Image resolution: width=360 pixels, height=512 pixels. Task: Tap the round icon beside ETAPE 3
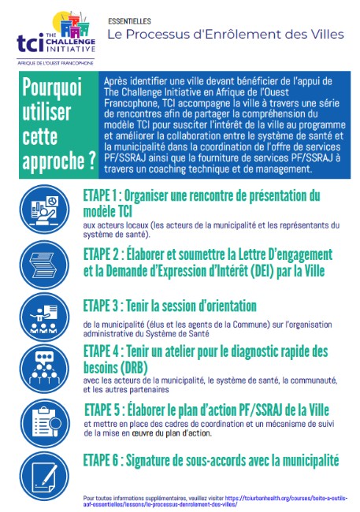tap(48, 316)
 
